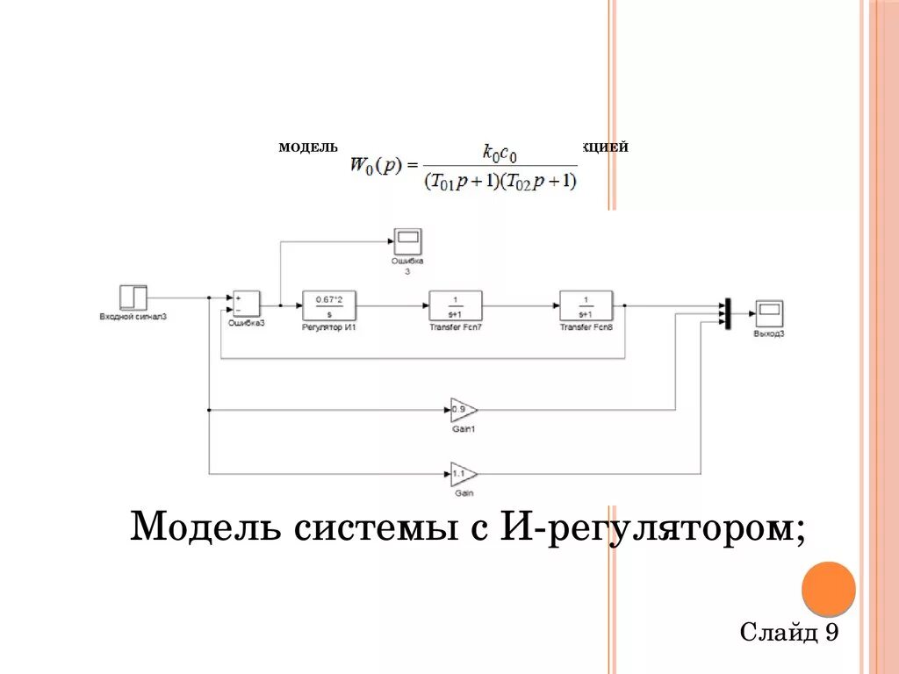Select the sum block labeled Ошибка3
[245, 303]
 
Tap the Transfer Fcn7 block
[455, 305]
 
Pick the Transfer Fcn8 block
[586, 305]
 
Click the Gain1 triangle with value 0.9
[462, 410]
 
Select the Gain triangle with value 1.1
[462, 475]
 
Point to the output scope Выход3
[769, 312]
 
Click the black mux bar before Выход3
[728, 313]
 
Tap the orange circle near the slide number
[828, 588]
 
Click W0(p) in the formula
[376, 164]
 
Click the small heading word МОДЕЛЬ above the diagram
[308, 147]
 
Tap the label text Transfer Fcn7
[455, 327]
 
